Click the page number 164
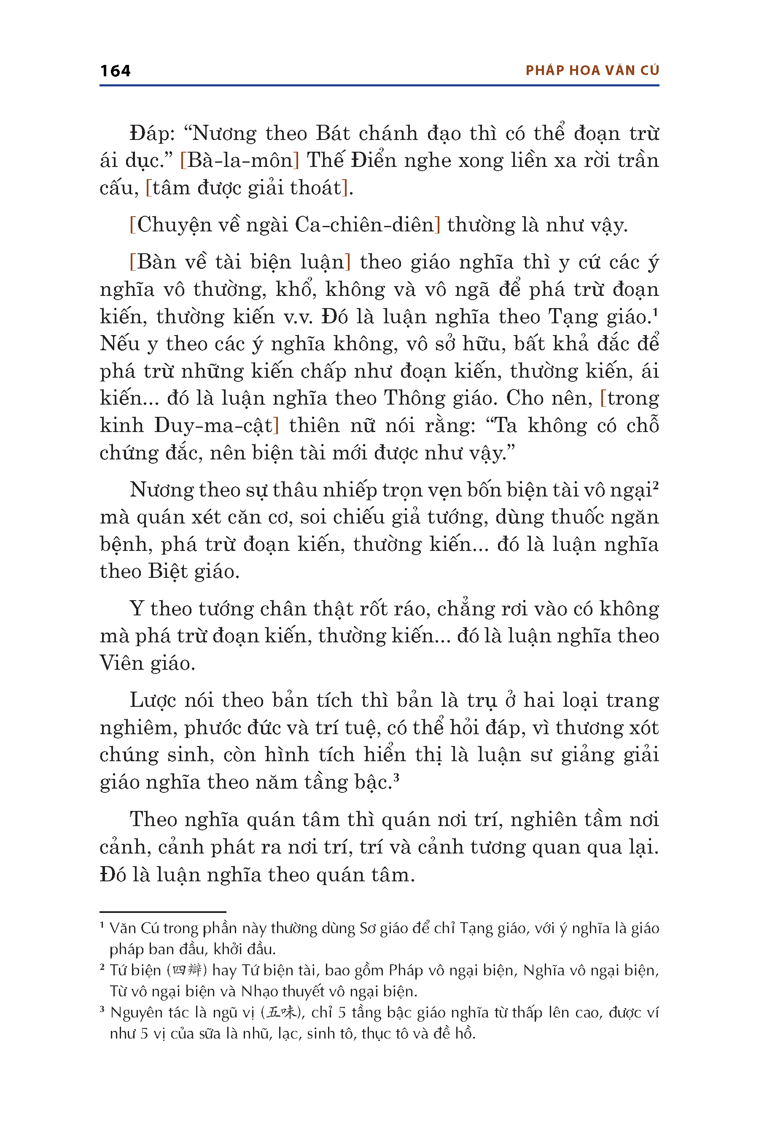pyautogui.click(x=115, y=71)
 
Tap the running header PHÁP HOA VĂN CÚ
pyautogui.click(x=592, y=71)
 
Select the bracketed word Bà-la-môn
pyautogui.click(x=240, y=161)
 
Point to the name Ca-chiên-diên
pyautogui.click(x=364, y=225)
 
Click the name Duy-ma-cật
pyautogui.click(x=213, y=426)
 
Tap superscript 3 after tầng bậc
pyautogui.click(x=396, y=777)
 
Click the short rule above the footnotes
pyautogui.click(x=163, y=912)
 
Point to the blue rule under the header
pyautogui.click(x=379, y=86)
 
